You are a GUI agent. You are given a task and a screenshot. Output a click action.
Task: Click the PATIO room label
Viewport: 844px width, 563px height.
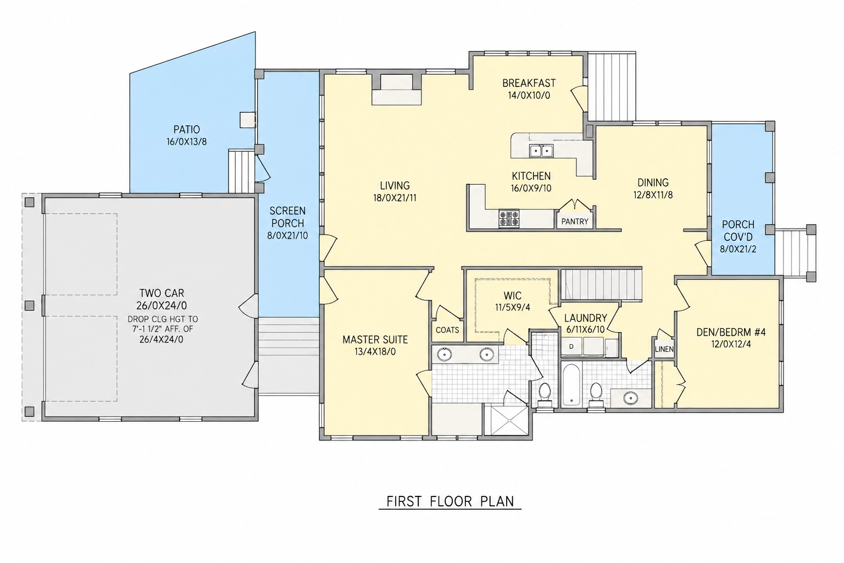(x=186, y=130)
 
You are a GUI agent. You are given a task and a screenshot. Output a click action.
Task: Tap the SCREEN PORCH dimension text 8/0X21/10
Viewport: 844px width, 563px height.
(x=287, y=236)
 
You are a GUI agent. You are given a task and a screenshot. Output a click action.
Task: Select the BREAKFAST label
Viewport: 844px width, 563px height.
(x=529, y=83)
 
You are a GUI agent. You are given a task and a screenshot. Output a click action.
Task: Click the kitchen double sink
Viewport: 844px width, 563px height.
(x=541, y=151)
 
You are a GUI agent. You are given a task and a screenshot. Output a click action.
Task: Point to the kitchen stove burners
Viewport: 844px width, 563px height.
(x=509, y=219)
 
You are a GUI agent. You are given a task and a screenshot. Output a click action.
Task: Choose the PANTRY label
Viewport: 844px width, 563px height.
(x=575, y=222)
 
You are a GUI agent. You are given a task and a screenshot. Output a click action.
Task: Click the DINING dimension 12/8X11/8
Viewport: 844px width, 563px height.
(x=653, y=195)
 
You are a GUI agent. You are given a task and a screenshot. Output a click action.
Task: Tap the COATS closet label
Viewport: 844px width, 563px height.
(x=447, y=330)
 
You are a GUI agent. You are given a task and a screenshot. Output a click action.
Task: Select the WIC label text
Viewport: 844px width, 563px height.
(x=513, y=295)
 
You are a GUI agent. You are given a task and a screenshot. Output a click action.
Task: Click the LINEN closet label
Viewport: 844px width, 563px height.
(x=664, y=349)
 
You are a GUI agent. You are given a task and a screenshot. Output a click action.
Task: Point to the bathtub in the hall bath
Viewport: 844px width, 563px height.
(x=571, y=384)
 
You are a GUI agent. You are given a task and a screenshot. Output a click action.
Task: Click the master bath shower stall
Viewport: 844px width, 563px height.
(x=509, y=420)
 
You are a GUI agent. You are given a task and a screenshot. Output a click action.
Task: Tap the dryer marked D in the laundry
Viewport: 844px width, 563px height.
(x=571, y=346)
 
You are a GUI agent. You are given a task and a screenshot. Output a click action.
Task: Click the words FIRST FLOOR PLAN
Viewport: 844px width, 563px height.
(x=450, y=501)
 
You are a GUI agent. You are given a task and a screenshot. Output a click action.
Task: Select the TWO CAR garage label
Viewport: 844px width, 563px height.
(x=162, y=293)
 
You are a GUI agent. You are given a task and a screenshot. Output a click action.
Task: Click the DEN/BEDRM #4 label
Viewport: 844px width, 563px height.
(x=731, y=332)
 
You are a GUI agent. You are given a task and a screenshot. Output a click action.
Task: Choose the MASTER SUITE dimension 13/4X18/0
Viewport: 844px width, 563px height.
(x=375, y=352)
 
